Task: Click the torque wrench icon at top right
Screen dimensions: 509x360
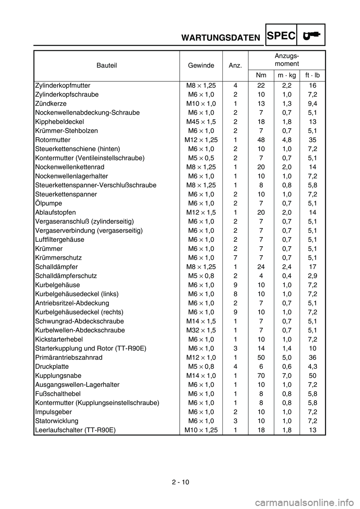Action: point(312,35)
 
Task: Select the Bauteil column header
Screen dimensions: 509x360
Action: point(107,66)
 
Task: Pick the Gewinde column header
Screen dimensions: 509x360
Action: point(201,66)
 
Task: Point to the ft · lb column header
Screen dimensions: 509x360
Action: point(312,75)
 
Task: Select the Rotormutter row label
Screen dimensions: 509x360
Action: point(52,140)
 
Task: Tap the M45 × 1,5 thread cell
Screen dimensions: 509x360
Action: point(201,122)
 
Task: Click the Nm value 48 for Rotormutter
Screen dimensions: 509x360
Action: point(261,140)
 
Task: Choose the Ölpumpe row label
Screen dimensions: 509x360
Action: point(48,204)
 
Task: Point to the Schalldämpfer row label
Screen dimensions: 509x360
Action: point(56,267)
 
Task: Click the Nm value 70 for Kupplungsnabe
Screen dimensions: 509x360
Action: point(261,376)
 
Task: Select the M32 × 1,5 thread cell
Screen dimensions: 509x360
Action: point(201,330)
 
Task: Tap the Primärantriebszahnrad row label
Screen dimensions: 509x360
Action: point(69,358)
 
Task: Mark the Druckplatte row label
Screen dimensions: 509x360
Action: point(51,367)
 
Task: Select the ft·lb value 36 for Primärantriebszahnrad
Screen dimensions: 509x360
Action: point(312,358)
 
